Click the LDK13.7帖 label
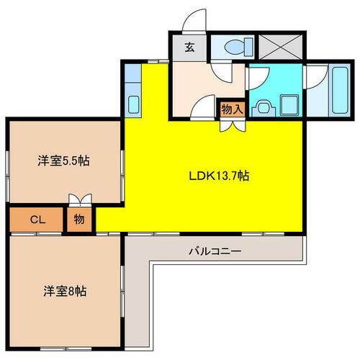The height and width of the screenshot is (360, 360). coord(220,175)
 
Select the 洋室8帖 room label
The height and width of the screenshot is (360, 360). coord(65,292)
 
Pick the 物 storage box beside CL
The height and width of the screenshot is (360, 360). coord(79,220)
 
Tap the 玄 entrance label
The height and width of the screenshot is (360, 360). coord(189,48)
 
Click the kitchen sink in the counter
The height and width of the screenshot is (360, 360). coord(135,103)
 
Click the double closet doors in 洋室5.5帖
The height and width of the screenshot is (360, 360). coord(79,199)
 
